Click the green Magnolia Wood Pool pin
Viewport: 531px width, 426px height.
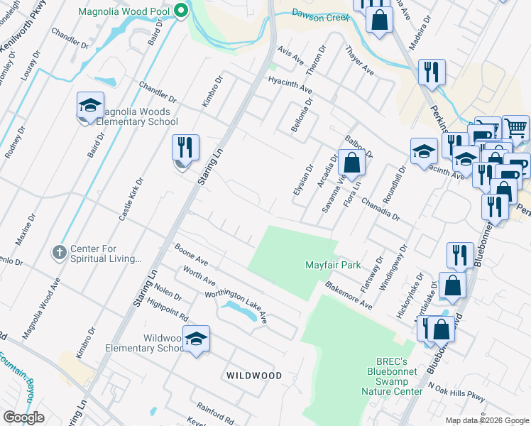(180, 10)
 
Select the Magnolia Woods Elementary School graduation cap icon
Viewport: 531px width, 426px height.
(90, 106)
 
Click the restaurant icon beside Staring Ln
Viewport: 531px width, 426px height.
(185, 148)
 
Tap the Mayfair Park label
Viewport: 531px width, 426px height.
(333, 265)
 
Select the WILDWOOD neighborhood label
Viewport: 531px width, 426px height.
(253, 375)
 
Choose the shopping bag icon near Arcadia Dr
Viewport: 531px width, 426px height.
(351, 163)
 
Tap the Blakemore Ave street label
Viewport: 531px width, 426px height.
(349, 294)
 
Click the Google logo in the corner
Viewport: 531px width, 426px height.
(23, 417)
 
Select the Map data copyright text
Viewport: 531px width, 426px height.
(486, 420)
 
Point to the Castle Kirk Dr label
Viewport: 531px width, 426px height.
(131, 200)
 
